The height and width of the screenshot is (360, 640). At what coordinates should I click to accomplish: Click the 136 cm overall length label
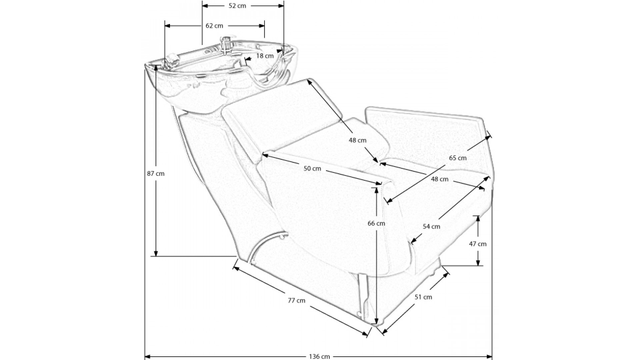coord(319,356)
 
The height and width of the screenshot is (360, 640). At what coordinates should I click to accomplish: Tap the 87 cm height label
coord(156,173)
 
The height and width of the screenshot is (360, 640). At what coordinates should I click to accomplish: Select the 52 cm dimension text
coord(237,6)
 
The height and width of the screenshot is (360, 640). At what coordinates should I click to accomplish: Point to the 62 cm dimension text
coord(214,26)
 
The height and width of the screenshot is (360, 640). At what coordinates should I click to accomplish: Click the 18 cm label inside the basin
coord(265,56)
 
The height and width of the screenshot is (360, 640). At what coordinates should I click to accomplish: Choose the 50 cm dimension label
coord(312,168)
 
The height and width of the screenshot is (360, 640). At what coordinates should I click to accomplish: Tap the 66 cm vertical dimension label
coord(376,223)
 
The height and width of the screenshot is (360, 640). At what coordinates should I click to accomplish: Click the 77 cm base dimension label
coord(297,300)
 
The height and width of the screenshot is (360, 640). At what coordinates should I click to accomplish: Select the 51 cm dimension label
coord(423,297)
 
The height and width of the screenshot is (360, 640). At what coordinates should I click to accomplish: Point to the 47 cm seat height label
coord(478,244)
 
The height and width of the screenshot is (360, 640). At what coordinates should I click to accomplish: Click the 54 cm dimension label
coord(431,226)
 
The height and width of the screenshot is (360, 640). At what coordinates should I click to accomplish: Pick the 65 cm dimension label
coord(458,158)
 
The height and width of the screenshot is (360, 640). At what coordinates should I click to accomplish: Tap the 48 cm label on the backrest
coord(357,140)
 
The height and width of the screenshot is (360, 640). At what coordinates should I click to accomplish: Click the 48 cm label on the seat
coord(440,179)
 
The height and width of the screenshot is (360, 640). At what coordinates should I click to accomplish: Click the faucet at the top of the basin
coord(227,43)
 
